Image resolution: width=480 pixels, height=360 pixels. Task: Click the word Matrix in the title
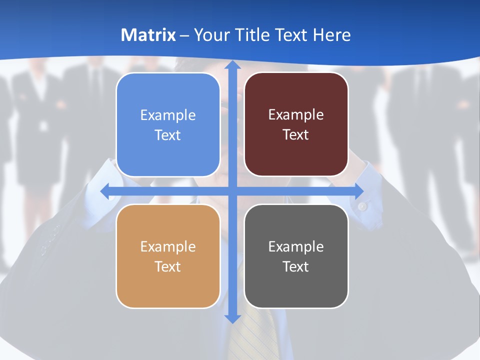pyautogui.click(x=148, y=35)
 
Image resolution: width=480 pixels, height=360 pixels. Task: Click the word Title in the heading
pyautogui.click(x=257, y=35)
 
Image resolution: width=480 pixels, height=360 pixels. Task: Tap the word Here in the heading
pyautogui.click(x=331, y=35)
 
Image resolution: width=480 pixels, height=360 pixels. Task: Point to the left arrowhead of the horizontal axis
pyautogui.click(x=105, y=191)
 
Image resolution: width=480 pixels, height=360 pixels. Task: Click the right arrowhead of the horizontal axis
pyautogui.click(x=359, y=191)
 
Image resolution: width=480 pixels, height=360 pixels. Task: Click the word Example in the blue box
pyautogui.click(x=168, y=115)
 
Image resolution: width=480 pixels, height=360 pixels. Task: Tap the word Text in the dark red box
pyautogui.click(x=296, y=135)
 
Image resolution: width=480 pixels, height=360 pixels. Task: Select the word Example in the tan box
pyautogui.click(x=168, y=247)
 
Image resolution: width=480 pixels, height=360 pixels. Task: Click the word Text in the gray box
pyautogui.click(x=296, y=267)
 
